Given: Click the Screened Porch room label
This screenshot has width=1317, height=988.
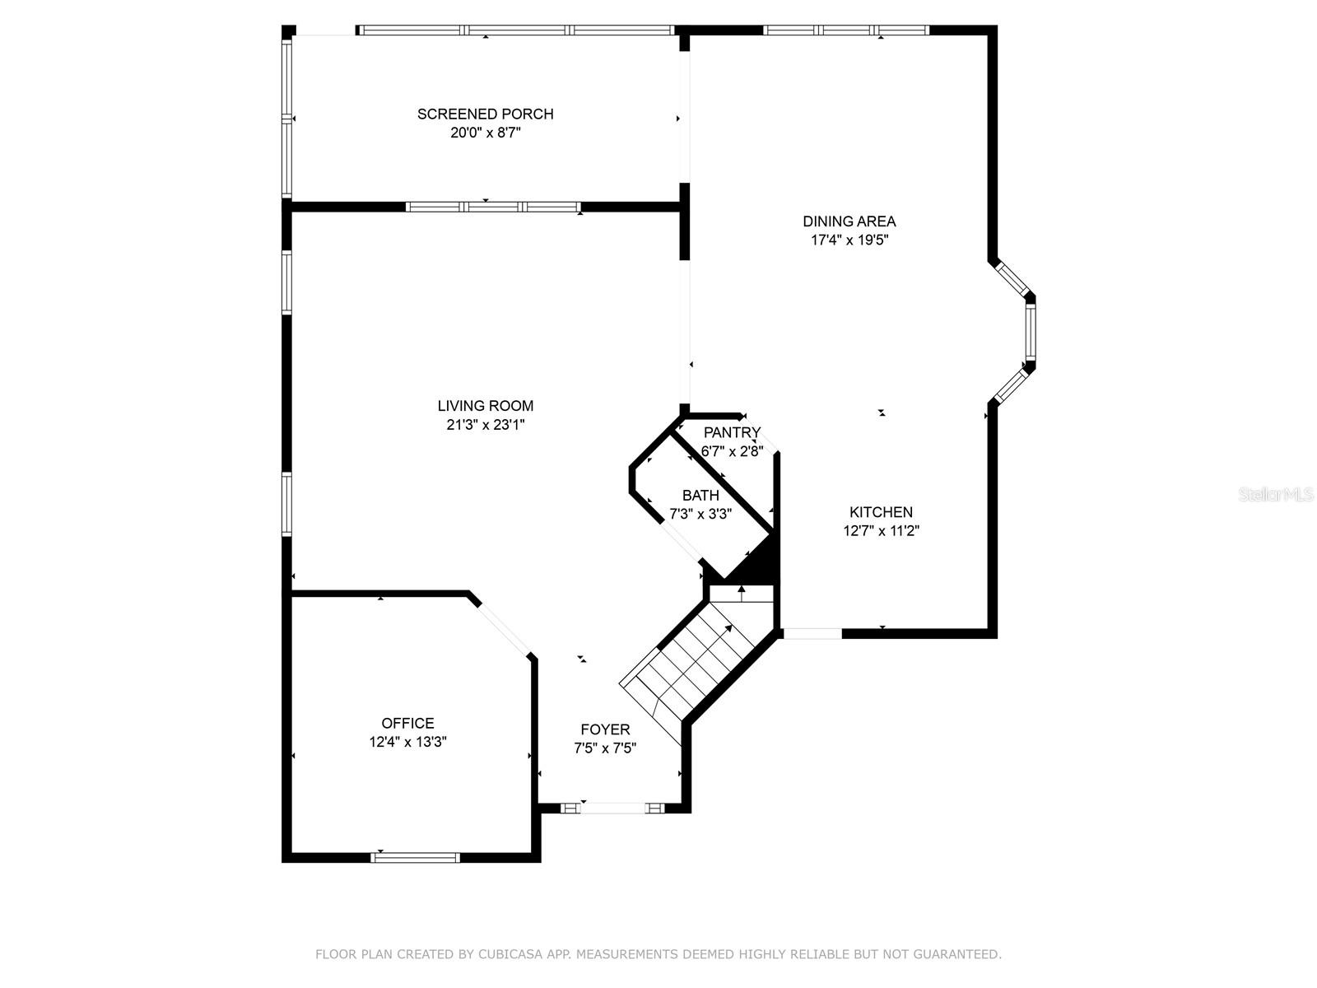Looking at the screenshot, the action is coord(485,114).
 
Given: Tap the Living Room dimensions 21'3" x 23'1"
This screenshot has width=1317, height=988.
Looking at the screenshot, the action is coord(486,425).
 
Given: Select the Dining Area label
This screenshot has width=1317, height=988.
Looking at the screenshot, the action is coord(849,221).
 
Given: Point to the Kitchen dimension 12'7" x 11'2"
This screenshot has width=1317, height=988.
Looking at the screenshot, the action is coord(881,531).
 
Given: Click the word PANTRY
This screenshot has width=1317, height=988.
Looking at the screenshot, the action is coord(732,432).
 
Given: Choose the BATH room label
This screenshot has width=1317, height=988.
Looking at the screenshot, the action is coord(700,496).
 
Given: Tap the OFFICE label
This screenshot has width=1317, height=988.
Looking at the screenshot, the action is coord(407,724).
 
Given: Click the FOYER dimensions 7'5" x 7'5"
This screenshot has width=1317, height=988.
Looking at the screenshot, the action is coord(605,748).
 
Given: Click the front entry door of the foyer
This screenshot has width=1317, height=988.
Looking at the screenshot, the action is coord(612,808).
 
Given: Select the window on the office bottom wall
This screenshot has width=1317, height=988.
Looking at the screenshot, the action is coord(415,857).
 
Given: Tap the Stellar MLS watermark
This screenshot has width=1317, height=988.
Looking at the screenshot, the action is coord(1276,495).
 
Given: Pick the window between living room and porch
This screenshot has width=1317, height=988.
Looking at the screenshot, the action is coord(493,207).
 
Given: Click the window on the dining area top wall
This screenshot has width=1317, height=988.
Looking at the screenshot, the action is coord(846,30).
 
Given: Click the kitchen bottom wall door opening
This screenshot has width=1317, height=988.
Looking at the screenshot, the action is coord(812,633).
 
